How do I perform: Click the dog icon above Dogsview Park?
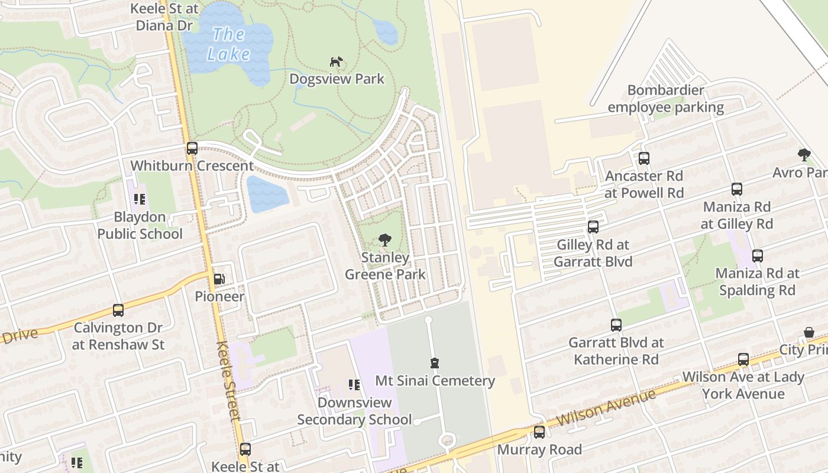click(336, 61)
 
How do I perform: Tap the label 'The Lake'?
click(228, 44)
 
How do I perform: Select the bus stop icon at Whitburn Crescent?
click(192, 148)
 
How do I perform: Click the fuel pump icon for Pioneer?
click(219, 278)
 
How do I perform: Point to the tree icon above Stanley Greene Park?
click(385, 240)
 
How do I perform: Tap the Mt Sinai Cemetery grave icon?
click(435, 363)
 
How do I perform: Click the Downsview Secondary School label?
click(354, 411)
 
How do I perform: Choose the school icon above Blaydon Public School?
click(140, 199)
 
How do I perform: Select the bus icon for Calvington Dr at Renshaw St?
click(118, 310)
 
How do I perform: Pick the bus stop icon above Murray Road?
click(539, 432)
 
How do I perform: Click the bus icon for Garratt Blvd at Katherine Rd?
click(616, 325)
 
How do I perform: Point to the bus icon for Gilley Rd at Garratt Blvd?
click(593, 227)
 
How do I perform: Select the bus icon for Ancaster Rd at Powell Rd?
click(644, 158)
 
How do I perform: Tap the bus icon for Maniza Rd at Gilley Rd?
click(737, 189)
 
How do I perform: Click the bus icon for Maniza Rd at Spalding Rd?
click(758, 256)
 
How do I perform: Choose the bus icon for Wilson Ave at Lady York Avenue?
click(743, 359)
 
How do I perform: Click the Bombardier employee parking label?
click(665, 99)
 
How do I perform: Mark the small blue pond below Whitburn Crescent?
click(267, 194)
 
